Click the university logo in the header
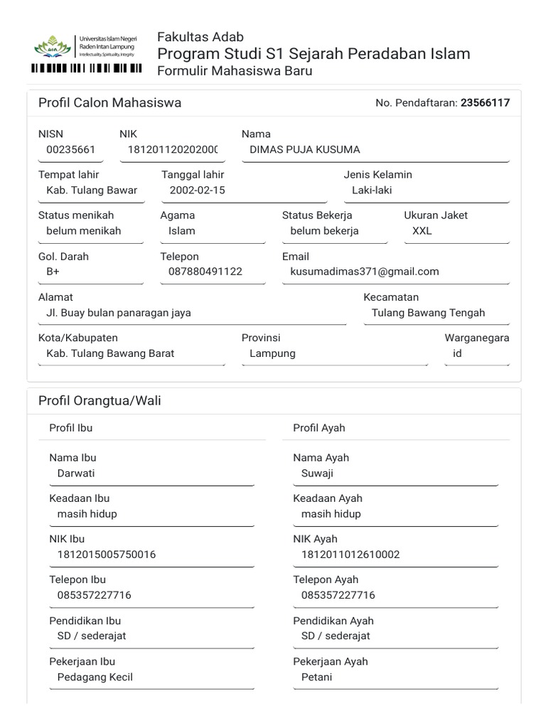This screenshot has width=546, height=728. [x=85, y=46]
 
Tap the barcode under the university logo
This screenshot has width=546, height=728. [x=86, y=68]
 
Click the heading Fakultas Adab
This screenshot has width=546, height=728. [x=200, y=37]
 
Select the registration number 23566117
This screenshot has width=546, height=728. [x=485, y=103]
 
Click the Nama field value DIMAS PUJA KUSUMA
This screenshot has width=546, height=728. [x=304, y=149]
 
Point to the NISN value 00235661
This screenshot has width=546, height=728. [x=70, y=149]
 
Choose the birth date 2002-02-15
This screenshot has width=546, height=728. [x=197, y=190]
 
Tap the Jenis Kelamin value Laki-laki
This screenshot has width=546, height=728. [x=372, y=190]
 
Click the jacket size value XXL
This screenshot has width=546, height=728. [x=422, y=230]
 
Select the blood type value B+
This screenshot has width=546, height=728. [x=53, y=271]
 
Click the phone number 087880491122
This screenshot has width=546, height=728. [x=205, y=271]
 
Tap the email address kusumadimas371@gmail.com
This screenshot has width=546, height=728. [x=364, y=271]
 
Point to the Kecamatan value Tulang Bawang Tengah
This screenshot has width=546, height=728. [x=428, y=312]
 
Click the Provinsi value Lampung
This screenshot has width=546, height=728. [x=272, y=353]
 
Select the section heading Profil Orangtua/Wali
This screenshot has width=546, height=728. [x=100, y=401]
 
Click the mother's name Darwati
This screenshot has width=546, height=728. [x=75, y=473]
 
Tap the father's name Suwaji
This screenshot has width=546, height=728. [x=317, y=473]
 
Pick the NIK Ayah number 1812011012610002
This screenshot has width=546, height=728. [x=350, y=554]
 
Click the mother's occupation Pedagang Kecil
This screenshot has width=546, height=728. [x=95, y=677]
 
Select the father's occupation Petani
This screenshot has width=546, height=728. [x=316, y=677]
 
